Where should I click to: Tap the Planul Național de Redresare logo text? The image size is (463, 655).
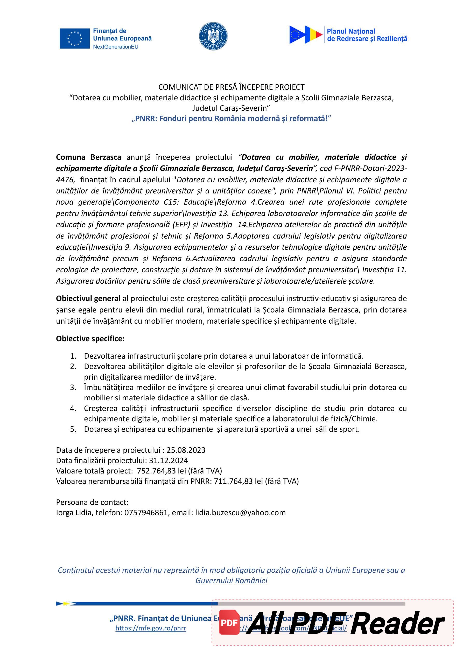click(367, 35)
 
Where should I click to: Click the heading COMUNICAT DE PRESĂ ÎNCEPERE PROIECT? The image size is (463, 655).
click(231, 87)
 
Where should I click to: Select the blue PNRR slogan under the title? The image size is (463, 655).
click(231, 119)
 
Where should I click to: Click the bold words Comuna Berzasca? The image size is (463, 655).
click(88, 157)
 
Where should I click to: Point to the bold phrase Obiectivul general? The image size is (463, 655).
click(88, 298)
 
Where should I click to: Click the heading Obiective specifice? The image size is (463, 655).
click(90, 339)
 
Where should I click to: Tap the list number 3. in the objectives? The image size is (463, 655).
click(73, 387)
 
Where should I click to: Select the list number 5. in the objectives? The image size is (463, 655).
click(73, 429)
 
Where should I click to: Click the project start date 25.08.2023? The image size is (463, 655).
click(186, 450)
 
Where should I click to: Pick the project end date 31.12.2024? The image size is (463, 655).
click(168, 461)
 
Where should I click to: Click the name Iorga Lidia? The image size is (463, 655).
click(74, 513)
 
